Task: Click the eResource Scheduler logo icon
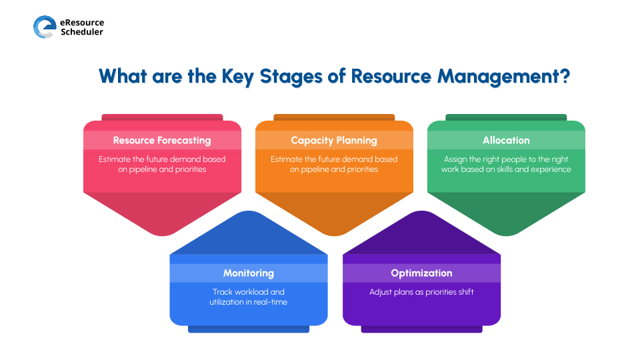pos(44,27)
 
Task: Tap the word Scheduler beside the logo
pos(81,32)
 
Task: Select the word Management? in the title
pos(503,75)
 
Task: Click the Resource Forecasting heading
pos(162,140)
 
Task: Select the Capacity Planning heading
pos(334,140)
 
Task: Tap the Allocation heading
pos(506,140)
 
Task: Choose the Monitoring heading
pos(248,273)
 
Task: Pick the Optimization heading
pos(421,273)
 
